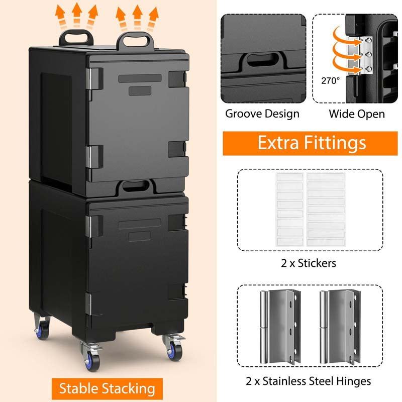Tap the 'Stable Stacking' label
point(107,388)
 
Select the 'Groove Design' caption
point(262,114)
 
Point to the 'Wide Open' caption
point(357,114)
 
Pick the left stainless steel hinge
point(278,326)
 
